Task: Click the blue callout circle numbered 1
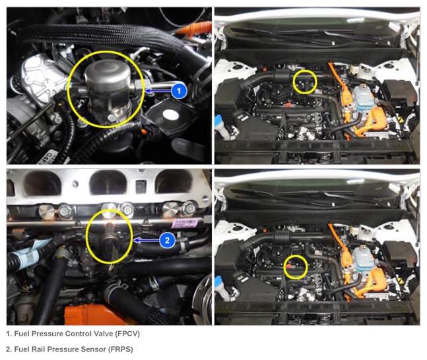(x=179, y=91)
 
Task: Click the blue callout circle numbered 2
(x=167, y=240)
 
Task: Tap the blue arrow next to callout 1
(x=158, y=91)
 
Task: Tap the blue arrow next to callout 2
(x=147, y=240)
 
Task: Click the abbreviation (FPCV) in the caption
(x=127, y=334)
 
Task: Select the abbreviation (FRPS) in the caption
(x=120, y=349)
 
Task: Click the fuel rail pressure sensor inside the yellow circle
(x=110, y=236)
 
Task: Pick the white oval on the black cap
(x=171, y=115)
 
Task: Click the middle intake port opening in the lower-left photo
(x=108, y=183)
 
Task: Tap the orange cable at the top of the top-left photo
(x=193, y=29)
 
